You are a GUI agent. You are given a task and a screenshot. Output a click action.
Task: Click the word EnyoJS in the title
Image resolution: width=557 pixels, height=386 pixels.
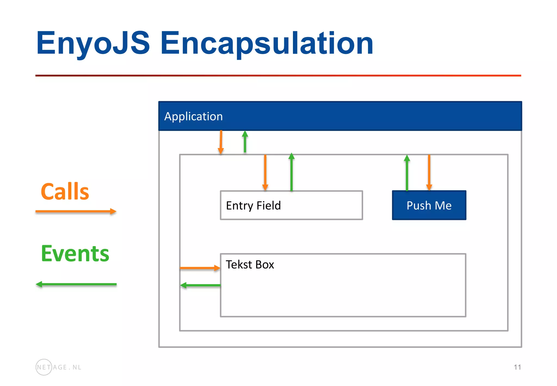coord(93,43)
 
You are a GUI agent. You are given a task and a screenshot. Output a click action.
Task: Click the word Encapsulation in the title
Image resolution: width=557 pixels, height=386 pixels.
coord(267,43)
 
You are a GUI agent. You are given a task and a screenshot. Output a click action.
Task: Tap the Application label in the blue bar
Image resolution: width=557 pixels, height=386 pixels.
coord(193,117)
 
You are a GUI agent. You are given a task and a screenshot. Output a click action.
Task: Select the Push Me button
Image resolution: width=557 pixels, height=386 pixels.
coord(429,205)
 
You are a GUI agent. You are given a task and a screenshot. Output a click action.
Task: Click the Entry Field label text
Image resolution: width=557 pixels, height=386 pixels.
coord(253,206)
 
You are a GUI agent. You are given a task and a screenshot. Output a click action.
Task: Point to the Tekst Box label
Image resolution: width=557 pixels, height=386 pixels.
coord(250,265)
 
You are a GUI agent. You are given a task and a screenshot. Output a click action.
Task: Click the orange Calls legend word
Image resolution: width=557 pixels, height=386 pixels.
coord(65,192)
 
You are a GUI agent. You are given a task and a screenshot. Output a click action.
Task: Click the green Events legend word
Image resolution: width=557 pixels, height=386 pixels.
coord(75,253)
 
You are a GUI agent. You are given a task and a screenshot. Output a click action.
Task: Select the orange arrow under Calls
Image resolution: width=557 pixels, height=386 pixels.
coord(76,211)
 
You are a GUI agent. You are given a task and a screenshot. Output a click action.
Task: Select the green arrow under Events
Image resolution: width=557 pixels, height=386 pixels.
coord(76,284)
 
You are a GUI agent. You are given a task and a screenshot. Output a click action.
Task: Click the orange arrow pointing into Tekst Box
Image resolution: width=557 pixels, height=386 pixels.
coord(200,268)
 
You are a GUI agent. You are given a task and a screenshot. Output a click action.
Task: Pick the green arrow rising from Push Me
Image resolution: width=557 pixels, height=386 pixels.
coord(407,173)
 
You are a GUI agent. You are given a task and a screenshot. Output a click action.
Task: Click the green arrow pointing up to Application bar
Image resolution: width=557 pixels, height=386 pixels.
coord(245,142)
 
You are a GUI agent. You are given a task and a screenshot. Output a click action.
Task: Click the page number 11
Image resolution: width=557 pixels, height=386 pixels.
coord(517,367)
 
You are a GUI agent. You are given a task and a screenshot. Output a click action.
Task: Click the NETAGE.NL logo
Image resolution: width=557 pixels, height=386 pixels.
coord(58,367)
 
